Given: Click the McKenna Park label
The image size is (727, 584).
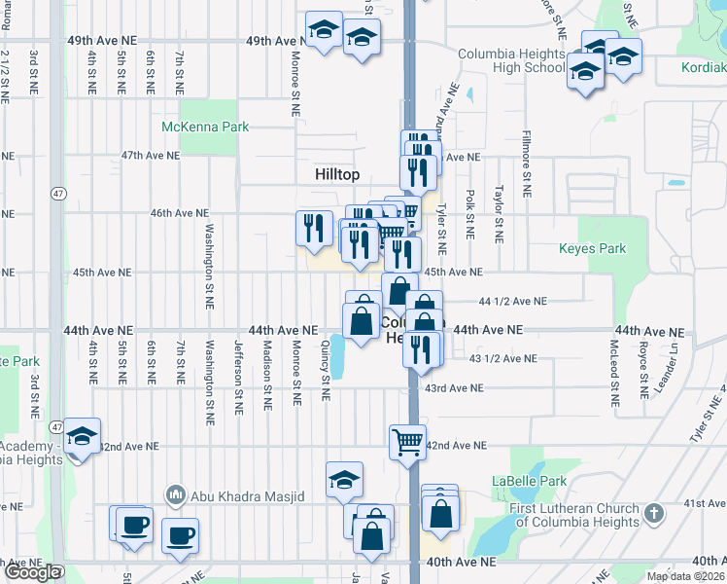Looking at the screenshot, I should (205, 127).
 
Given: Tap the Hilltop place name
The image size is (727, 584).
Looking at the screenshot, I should (337, 174).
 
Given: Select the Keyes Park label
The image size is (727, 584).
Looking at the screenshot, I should (592, 249).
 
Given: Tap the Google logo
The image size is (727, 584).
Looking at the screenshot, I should (32, 572).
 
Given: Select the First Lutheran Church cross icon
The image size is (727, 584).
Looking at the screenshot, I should (654, 512).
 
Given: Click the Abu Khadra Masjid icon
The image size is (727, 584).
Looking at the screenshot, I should (176, 495).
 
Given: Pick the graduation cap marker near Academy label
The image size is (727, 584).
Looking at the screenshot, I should (83, 438).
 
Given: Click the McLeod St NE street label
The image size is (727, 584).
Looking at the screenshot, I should (614, 373).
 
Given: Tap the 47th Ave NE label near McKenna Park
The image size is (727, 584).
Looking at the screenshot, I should (151, 156).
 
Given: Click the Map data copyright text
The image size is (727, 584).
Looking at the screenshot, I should (686, 576).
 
